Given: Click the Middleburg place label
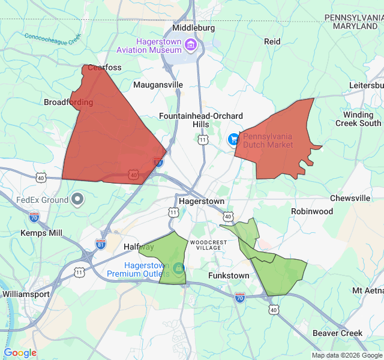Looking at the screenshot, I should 193,28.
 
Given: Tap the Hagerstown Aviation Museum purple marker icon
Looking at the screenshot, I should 190,44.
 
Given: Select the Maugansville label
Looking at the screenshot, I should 158,85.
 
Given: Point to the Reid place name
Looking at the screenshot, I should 272,41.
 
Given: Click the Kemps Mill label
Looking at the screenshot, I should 41,233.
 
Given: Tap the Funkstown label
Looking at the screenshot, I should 229,275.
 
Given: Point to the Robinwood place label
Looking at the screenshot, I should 312,211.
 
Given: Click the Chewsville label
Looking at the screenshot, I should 350,198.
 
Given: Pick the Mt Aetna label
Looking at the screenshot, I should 368,290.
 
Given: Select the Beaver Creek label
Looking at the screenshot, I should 338,333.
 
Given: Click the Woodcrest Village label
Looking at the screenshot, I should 208,245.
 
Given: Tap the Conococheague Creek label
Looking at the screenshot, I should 52,38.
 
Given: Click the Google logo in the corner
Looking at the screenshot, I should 20,353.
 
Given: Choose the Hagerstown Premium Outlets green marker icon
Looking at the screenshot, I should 179,267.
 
